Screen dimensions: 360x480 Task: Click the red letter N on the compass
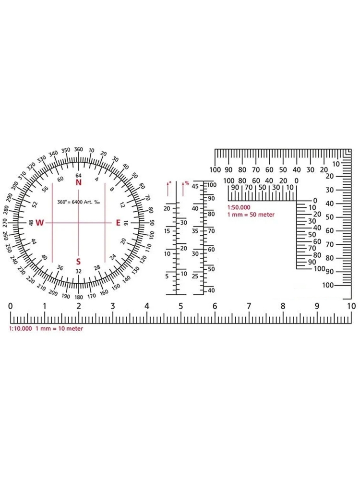[x=79, y=182]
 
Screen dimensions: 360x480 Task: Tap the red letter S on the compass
[x=78, y=262]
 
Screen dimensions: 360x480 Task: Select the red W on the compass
[x=39, y=223]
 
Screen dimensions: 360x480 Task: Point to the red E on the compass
[x=118, y=223]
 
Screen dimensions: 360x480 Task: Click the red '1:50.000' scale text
[x=239, y=207]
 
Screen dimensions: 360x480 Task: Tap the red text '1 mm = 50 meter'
[x=251, y=215]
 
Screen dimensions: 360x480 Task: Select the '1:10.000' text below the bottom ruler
[x=21, y=328]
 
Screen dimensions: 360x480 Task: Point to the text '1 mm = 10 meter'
[x=60, y=328]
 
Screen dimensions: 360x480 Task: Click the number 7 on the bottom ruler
[x=249, y=306]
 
